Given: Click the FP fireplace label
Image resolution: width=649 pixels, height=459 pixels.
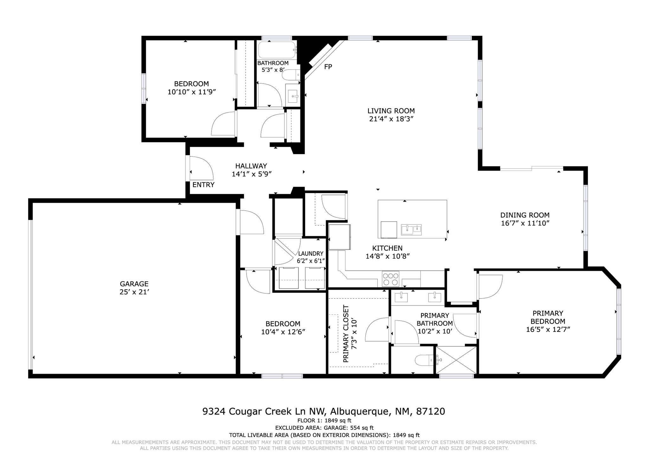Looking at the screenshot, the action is pyautogui.click(x=328, y=67).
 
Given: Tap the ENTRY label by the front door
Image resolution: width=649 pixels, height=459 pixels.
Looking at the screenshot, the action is pyautogui.click(x=203, y=185).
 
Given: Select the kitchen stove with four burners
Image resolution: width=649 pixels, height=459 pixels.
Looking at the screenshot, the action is pyautogui.click(x=390, y=279).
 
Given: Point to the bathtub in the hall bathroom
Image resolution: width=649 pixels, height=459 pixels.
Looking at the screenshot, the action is pyautogui.click(x=277, y=50).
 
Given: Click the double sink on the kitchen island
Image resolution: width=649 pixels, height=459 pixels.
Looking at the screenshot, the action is pyautogui.click(x=411, y=229).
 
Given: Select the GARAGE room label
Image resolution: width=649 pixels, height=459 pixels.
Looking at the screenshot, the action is pyautogui.click(x=134, y=284).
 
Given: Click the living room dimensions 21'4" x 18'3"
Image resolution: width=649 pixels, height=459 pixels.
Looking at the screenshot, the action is pyautogui.click(x=391, y=119).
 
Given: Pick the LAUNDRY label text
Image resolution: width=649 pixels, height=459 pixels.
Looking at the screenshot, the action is pyautogui.click(x=311, y=254).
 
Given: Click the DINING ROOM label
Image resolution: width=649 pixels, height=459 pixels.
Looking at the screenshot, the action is pyautogui.click(x=525, y=215).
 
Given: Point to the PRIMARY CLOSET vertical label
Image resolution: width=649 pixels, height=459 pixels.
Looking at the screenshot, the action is pyautogui.click(x=346, y=334).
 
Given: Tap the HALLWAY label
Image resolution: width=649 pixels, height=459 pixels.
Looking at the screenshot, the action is pyautogui.click(x=251, y=166).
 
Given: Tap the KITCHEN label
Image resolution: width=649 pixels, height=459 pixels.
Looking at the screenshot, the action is pyautogui.click(x=387, y=249).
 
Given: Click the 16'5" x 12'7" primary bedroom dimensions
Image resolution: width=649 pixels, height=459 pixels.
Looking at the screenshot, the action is pyautogui.click(x=548, y=329).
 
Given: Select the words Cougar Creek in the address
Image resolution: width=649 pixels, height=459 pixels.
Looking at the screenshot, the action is pyautogui.click(x=260, y=411).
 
